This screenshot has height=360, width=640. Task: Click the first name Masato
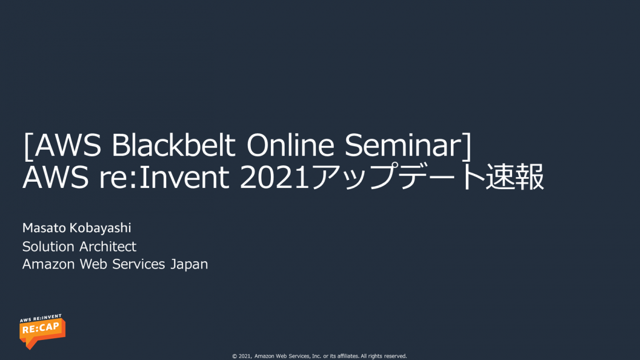point(44,228)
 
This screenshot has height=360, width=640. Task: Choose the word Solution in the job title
point(49,246)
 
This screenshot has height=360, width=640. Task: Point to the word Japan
point(189,265)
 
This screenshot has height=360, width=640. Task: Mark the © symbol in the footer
point(234,356)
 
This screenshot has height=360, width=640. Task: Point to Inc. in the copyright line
point(314,356)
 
